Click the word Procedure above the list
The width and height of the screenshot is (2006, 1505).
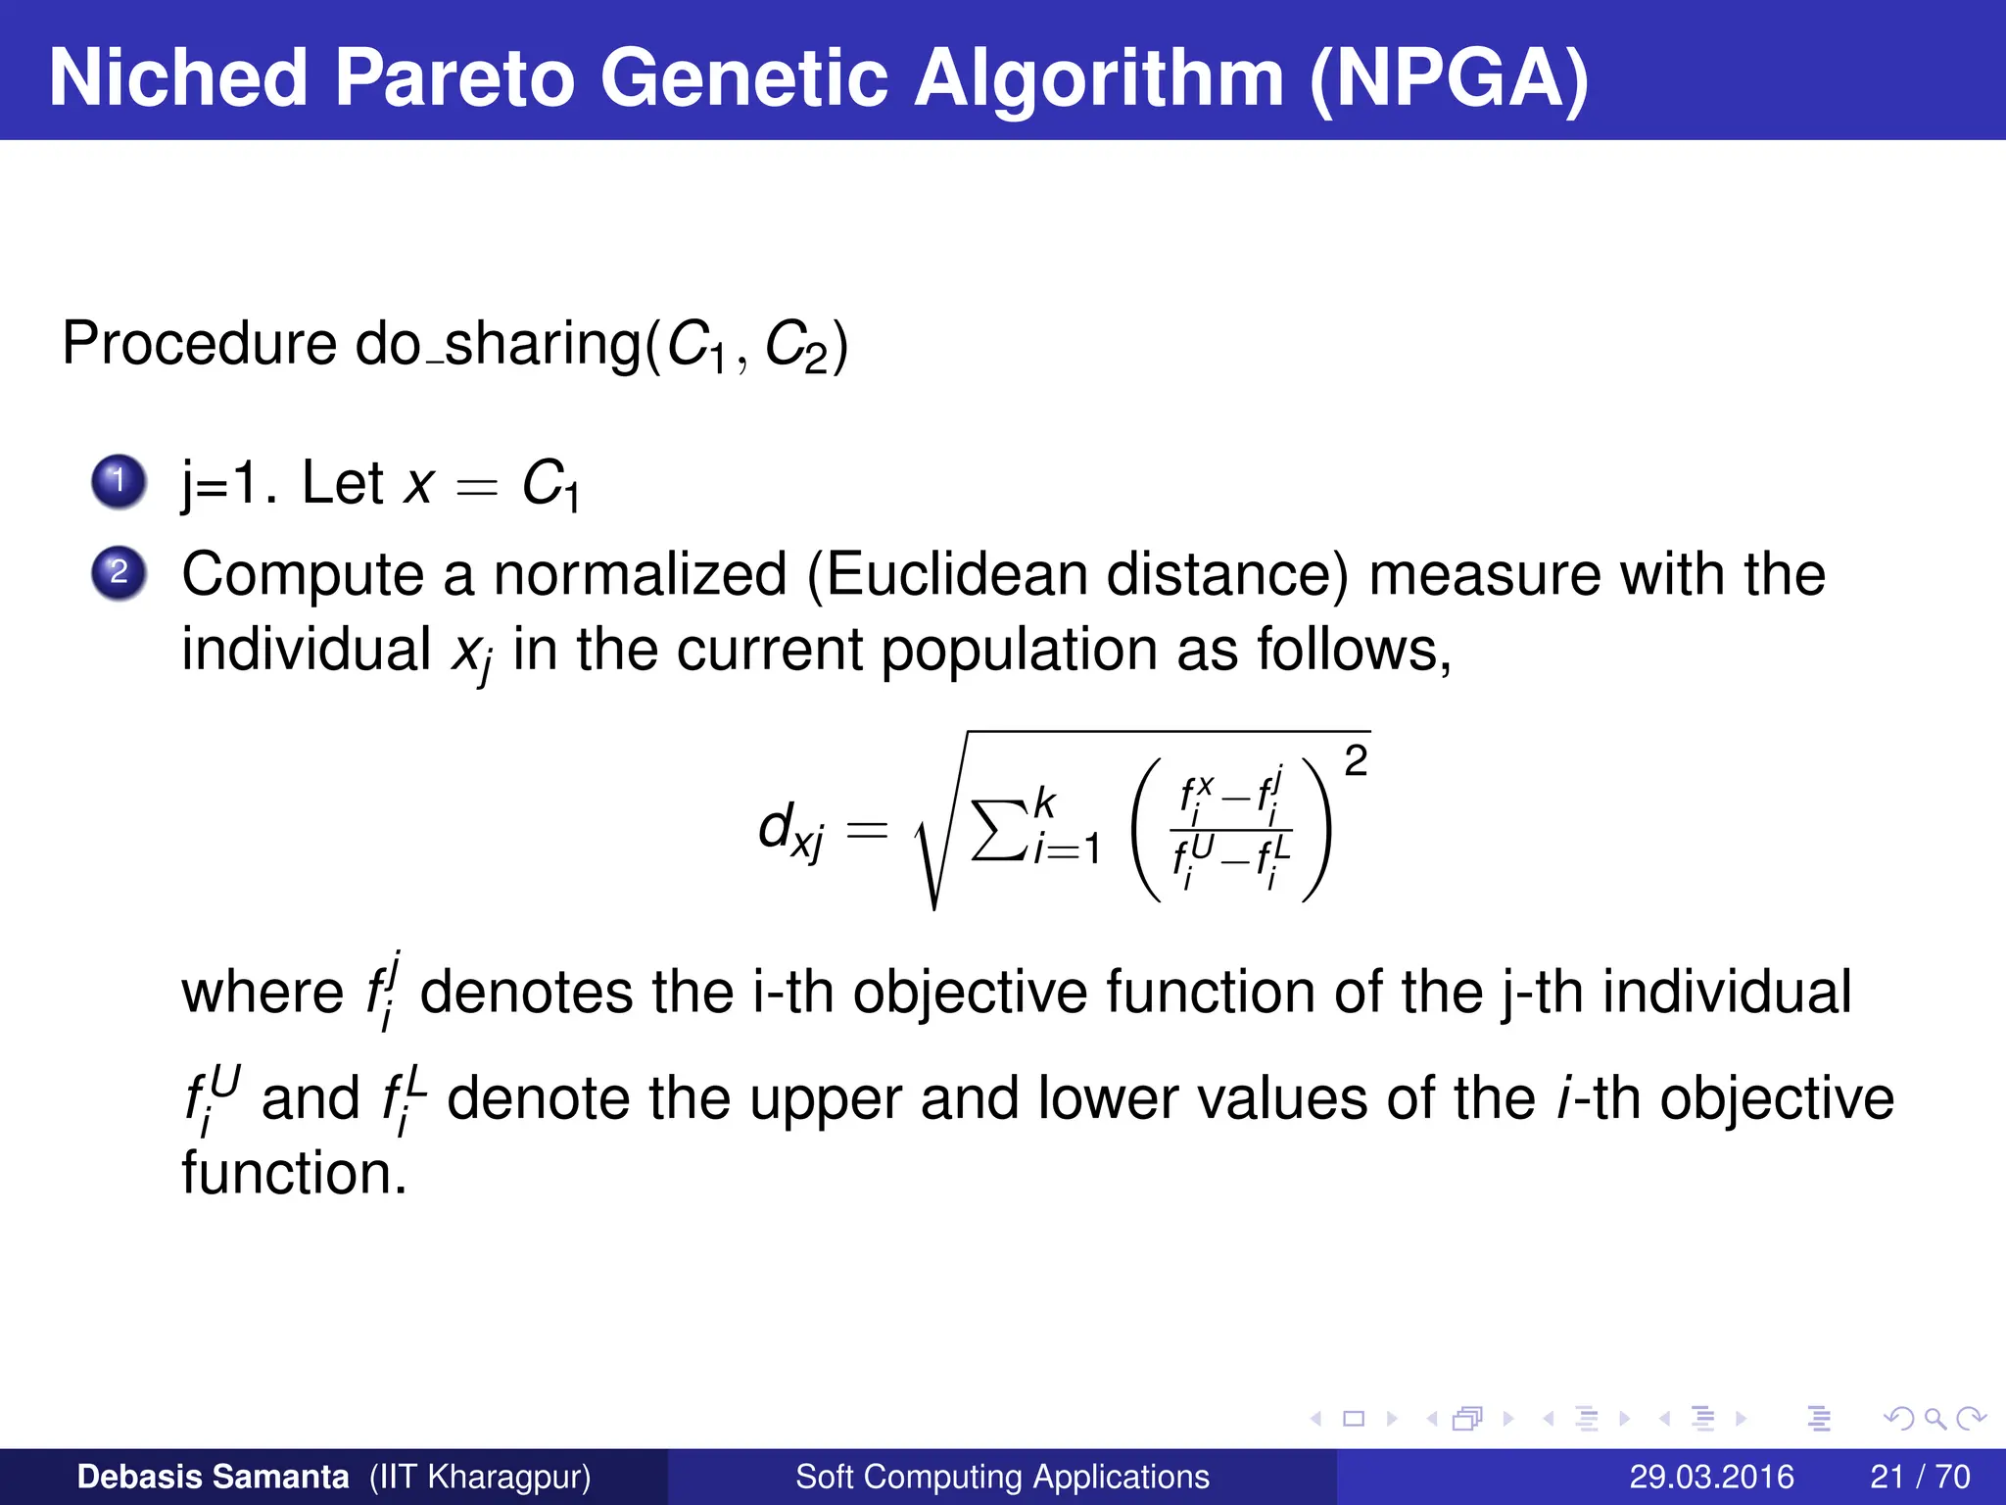coord(199,345)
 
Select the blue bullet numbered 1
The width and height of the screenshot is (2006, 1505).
coord(119,481)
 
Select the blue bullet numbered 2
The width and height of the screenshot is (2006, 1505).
coord(119,572)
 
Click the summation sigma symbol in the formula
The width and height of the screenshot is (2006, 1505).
coord(999,830)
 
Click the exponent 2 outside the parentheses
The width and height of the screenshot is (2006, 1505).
coord(1356,761)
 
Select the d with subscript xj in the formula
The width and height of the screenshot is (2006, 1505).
coord(790,832)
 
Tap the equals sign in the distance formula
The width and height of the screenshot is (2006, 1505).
coord(867,832)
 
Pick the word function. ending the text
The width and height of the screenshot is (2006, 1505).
coord(294,1174)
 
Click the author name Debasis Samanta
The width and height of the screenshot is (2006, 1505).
coord(213,1477)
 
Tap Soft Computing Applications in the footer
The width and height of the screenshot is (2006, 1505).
coord(1002,1477)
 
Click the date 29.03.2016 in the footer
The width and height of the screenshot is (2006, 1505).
coord(1711,1477)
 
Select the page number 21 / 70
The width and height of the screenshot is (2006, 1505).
coord(1920,1477)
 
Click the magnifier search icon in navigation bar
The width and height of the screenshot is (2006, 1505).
coord(1934,1419)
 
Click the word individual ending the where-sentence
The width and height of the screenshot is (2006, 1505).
coord(1727,992)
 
